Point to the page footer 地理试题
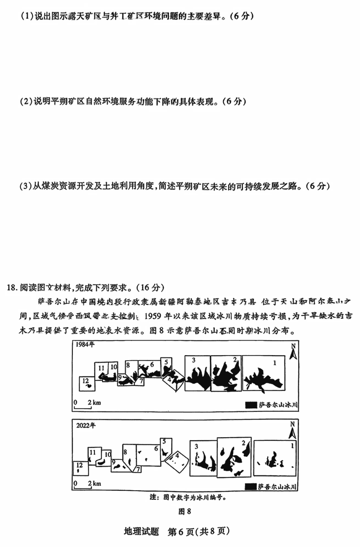coord(141,531)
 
